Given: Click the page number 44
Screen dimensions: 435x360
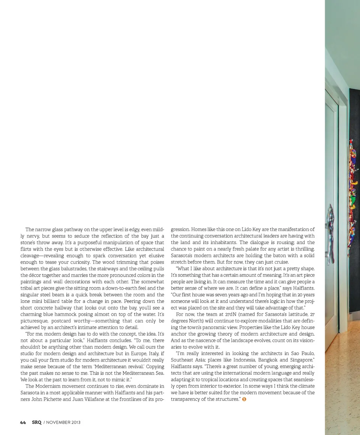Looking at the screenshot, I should (x=23, y=422).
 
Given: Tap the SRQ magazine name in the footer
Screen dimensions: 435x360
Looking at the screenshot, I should (x=37, y=422).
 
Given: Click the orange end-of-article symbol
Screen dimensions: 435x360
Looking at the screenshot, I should (x=244, y=399).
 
